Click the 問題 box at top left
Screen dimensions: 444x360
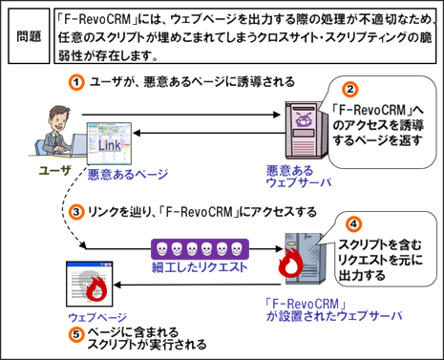coord(29,36)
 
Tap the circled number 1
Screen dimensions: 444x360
coord(76,82)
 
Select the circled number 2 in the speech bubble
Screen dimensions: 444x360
coord(350,90)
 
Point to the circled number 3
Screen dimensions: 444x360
coord(76,212)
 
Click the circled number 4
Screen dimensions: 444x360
coord(353,224)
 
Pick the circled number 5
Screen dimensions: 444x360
coord(76,335)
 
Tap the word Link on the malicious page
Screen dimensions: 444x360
coord(110,145)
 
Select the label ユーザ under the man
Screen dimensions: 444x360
coord(54,171)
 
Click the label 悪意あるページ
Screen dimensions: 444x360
coord(128,175)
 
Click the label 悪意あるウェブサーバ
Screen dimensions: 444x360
coord(298,177)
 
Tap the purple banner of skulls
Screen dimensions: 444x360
coord(200,249)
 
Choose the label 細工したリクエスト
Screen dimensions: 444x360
coord(200,267)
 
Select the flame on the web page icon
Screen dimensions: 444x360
coord(95,288)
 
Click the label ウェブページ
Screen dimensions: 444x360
coord(97,317)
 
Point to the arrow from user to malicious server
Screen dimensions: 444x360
coord(180,115)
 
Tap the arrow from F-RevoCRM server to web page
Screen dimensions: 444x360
coord(197,285)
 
